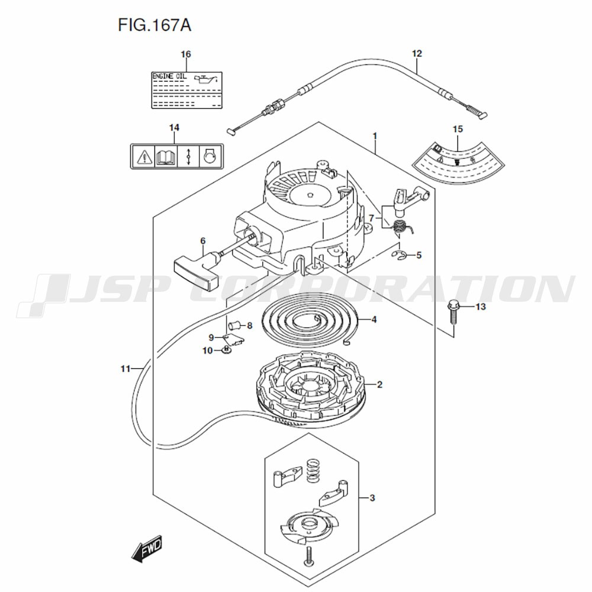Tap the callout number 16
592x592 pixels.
click(186, 54)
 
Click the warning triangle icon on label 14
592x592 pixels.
click(143, 156)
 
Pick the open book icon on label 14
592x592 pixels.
click(165, 156)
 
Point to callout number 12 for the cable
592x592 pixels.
click(417, 54)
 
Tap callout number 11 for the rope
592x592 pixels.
click(124, 369)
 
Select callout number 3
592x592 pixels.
click(372, 497)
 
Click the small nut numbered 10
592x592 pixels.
click(226, 351)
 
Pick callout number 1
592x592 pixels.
click(375, 136)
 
